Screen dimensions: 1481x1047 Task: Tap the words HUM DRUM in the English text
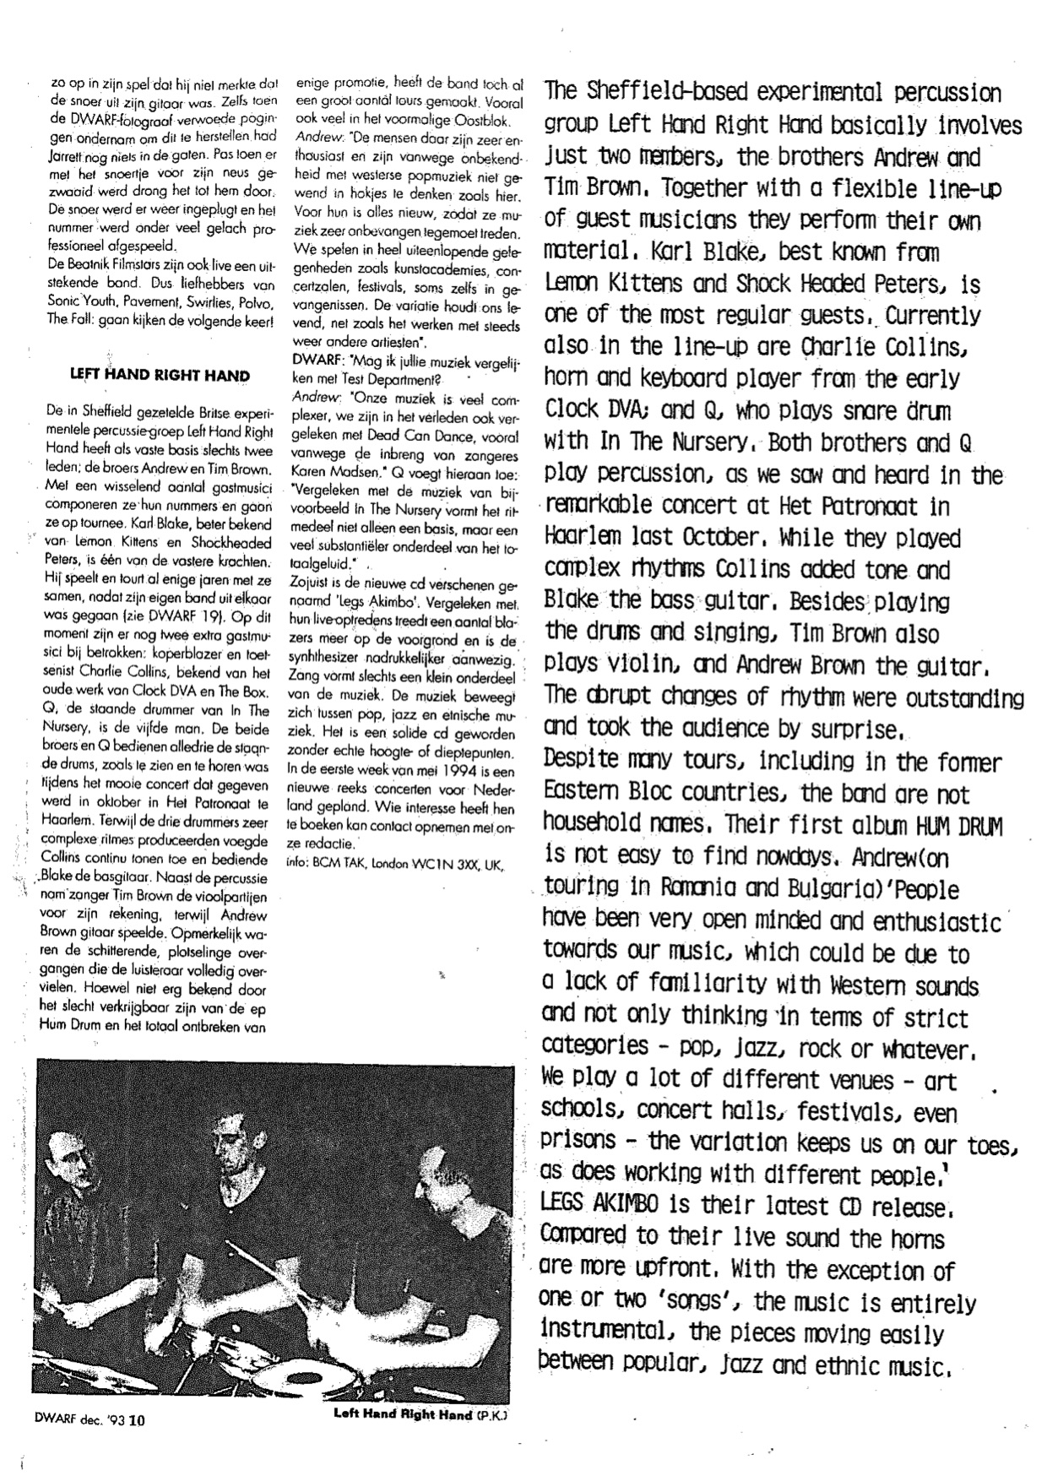(957, 826)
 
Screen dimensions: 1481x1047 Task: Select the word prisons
(579, 1143)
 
